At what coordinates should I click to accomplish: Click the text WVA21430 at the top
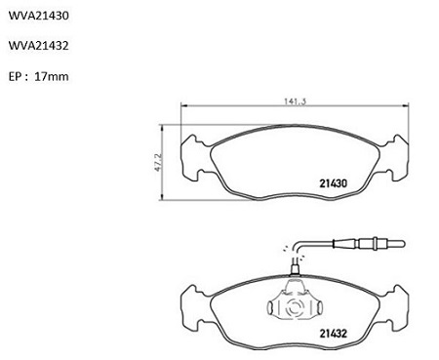point(39,16)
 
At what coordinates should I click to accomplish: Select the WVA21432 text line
point(39,46)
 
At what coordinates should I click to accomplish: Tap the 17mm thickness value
point(52,77)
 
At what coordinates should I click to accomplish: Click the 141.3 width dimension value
point(295,101)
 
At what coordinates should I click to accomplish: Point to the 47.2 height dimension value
point(158,162)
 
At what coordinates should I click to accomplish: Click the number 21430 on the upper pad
point(334,183)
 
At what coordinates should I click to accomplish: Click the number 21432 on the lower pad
point(334,334)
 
